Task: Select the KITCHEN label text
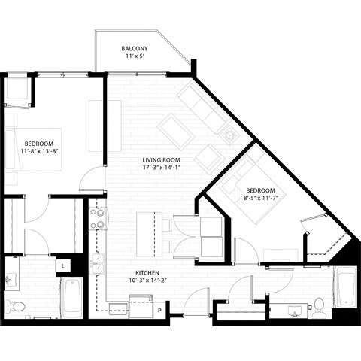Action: pos(147,274)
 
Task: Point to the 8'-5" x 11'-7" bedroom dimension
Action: pos(259,200)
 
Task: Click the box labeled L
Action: pos(64,265)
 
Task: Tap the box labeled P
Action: pos(159,309)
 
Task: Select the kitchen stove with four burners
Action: pos(96,218)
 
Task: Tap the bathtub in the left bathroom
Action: pos(71,297)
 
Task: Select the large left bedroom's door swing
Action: pos(92,179)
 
